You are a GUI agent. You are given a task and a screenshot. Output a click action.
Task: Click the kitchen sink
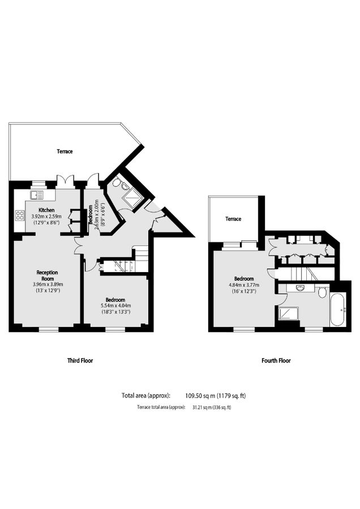click(x=37, y=195)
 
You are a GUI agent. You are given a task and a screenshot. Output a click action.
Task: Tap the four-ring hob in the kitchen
click(x=19, y=215)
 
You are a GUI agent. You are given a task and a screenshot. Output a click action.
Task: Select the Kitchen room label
click(x=46, y=210)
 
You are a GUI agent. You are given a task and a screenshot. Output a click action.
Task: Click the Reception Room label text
click(x=48, y=275)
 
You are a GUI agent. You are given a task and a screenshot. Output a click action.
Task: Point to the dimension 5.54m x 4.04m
click(x=115, y=305)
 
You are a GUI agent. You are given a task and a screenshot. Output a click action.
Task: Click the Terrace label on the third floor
click(x=65, y=152)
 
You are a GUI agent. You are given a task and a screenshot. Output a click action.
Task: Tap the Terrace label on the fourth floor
click(x=233, y=219)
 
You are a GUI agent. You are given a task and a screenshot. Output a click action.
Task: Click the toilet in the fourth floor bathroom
click(x=322, y=292)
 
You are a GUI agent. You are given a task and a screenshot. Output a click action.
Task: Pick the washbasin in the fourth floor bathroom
click(x=301, y=288)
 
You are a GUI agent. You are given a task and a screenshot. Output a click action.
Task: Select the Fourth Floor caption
click(x=276, y=360)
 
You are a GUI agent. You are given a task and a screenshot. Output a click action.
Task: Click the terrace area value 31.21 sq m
click(x=202, y=407)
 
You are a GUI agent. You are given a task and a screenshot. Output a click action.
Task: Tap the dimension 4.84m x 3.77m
click(x=245, y=285)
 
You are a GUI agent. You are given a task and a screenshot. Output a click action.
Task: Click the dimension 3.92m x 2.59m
click(x=47, y=216)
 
